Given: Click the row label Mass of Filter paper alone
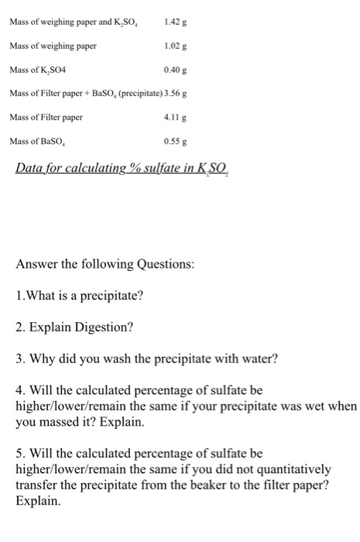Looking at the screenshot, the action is tap(46, 118).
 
